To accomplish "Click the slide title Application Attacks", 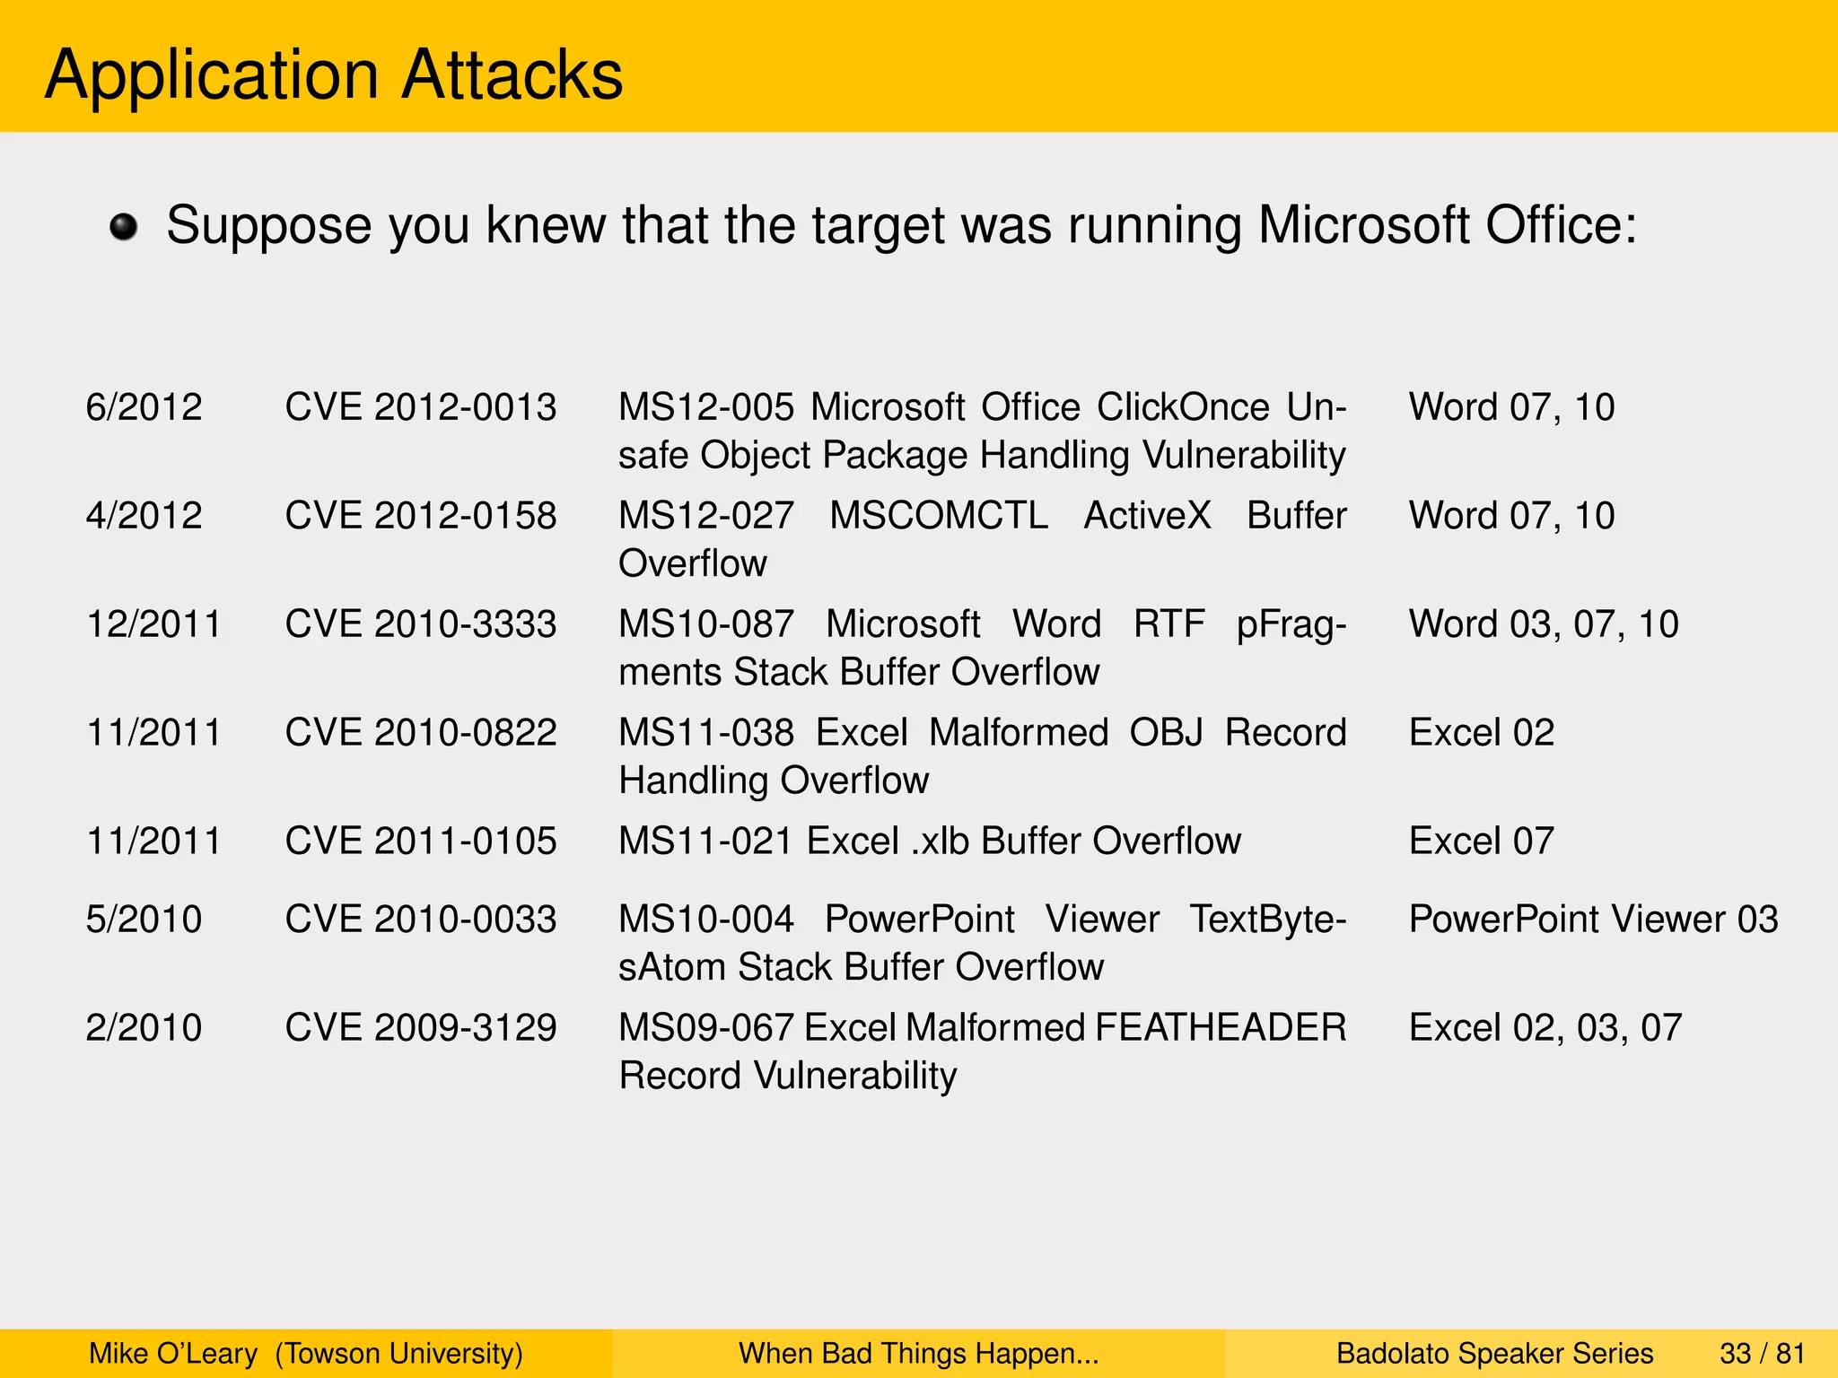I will click(x=334, y=74).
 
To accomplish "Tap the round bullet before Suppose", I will click(x=124, y=227).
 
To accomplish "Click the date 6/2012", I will click(x=144, y=407).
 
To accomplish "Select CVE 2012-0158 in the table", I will click(x=421, y=516).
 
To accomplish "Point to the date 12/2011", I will click(x=153, y=624).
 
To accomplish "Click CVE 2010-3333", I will click(x=421, y=624).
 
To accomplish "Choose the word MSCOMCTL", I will click(x=939, y=516).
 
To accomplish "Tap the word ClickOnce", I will click(x=1183, y=407).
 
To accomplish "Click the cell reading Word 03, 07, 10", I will click(x=1544, y=624).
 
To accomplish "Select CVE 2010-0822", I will click(x=421, y=733).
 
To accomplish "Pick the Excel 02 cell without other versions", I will click(x=1482, y=733).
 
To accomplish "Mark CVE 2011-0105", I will click(x=421, y=842).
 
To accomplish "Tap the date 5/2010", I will click(x=144, y=920).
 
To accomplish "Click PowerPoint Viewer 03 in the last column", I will click(x=1594, y=920).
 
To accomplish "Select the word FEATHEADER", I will click(x=1221, y=1028).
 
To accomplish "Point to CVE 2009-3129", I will click(x=421, y=1028).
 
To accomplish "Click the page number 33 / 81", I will click(x=1763, y=1353).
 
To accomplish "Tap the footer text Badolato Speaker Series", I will click(x=1495, y=1353).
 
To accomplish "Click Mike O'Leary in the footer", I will click(x=173, y=1353).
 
